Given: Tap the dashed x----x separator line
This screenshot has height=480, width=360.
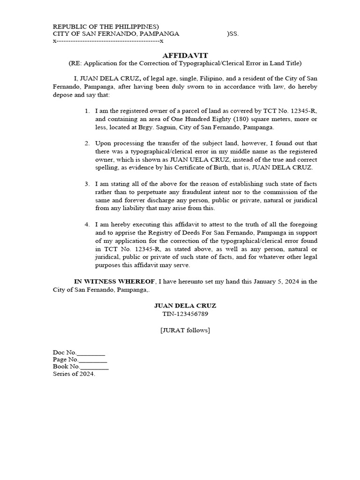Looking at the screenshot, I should coord(108,41).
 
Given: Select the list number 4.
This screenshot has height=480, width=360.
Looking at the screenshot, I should coord(87,225).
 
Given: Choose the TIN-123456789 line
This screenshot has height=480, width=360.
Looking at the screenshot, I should coord(185,314).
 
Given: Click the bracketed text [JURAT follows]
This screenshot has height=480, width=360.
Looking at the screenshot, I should coord(185,330).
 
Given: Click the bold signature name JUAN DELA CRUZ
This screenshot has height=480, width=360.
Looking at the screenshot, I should coord(185,305).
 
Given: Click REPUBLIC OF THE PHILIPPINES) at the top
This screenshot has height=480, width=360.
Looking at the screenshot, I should coord(106,26).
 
